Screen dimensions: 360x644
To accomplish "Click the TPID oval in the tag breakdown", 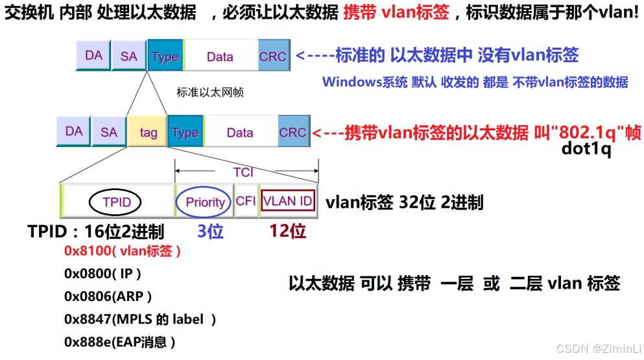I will (x=117, y=202).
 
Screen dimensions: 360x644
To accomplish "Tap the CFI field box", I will (x=246, y=201).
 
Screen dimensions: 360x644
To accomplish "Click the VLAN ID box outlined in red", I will (x=288, y=201).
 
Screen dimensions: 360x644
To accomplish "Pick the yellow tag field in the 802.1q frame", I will (x=148, y=132).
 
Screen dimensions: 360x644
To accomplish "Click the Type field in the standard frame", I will (x=165, y=56).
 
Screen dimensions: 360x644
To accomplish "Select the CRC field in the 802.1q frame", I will (x=292, y=132).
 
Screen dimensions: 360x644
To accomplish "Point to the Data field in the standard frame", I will (x=220, y=56).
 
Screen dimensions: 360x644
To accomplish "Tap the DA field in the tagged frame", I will (x=74, y=132).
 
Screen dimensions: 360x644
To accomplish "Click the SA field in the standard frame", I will (x=129, y=56).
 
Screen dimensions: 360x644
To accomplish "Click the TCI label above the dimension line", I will (x=244, y=173).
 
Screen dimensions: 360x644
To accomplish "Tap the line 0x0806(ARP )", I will (x=108, y=296).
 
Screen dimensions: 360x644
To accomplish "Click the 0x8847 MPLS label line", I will (x=139, y=319).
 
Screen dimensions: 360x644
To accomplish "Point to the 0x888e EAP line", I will (x=119, y=342).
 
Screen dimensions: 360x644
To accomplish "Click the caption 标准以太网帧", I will (x=210, y=92).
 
